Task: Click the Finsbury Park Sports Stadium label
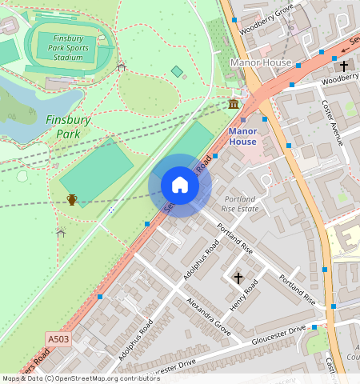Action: pyautogui.click(x=68, y=48)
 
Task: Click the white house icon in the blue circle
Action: pyautogui.click(x=180, y=186)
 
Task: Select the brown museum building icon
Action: pyautogui.click(x=233, y=105)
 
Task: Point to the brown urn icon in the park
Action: pyautogui.click(x=72, y=199)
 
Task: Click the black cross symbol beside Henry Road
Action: pyautogui.click(x=238, y=278)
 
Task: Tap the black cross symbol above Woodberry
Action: pyautogui.click(x=344, y=66)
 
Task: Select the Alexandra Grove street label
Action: pyautogui.click(x=209, y=316)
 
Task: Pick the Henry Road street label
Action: pyautogui.click(x=246, y=295)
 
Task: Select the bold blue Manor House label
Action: pyautogui.click(x=242, y=136)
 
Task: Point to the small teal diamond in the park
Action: pyautogui.click(x=177, y=72)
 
